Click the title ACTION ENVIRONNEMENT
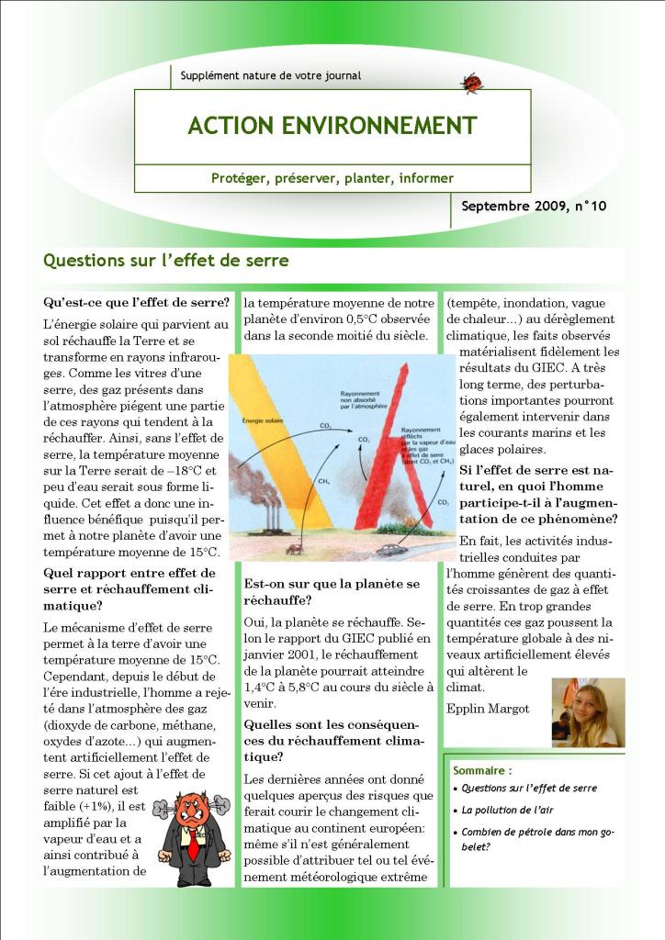click(x=332, y=126)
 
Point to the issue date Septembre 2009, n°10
click(x=534, y=207)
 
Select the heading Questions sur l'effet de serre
click(x=166, y=261)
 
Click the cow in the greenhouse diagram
click(x=295, y=548)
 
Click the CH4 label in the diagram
click(x=323, y=480)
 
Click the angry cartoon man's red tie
click(x=194, y=845)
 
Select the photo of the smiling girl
click(x=588, y=711)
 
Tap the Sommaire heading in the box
click(x=482, y=771)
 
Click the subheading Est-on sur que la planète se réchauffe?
click(x=332, y=592)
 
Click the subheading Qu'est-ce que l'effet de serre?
click(x=136, y=302)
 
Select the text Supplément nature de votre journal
click(x=271, y=75)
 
